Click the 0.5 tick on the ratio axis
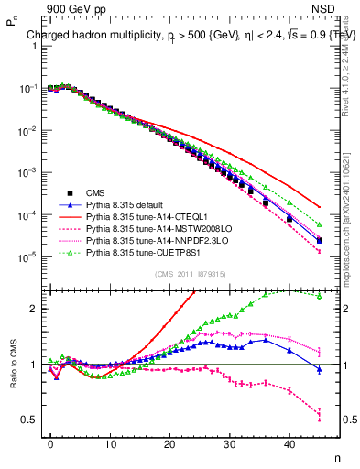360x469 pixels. (30, 420)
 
